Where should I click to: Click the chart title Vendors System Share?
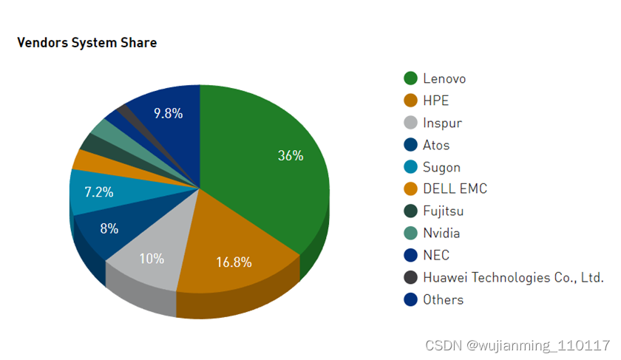86,43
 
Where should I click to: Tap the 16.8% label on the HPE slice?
234,262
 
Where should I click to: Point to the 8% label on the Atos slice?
109,228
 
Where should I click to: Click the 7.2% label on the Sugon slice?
98,192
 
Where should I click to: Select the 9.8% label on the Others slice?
168,113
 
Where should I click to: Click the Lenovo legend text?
444,78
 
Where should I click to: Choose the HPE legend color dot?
411,101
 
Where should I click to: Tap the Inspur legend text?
442,123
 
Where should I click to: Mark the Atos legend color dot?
411,145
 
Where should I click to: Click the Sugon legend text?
441,167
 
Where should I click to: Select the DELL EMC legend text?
455,189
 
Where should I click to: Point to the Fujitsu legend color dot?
411,211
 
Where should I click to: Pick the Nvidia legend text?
441,233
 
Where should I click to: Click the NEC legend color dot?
411,255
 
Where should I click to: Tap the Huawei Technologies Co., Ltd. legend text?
513,277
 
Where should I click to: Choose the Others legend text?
444,299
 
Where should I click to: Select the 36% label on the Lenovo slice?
291,155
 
